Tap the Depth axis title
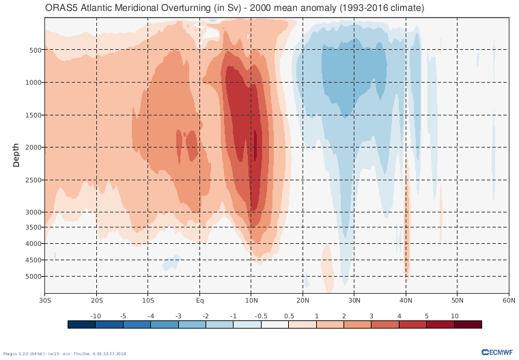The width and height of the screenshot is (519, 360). pos(16,155)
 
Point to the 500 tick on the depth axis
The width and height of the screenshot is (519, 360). pos(36,50)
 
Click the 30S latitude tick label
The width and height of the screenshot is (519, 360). pos(45,300)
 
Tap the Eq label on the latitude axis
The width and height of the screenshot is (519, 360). pos(200,300)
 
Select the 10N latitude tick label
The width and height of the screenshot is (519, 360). pos(251,300)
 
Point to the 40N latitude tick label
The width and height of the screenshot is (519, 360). pos(406,300)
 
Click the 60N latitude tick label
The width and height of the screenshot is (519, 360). pos(509,300)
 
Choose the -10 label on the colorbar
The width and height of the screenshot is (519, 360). pos(96,316)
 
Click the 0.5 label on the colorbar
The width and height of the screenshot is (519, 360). pos(288,316)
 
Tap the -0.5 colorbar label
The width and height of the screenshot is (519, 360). pos(261,316)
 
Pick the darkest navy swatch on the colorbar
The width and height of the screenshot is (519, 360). pos(81,324)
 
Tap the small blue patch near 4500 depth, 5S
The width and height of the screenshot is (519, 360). pos(171,262)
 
